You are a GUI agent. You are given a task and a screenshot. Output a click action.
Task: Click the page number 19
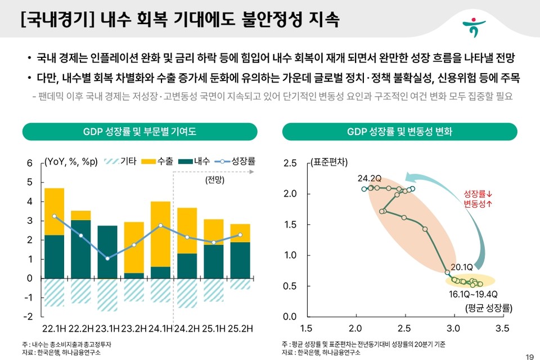(x=529, y=355)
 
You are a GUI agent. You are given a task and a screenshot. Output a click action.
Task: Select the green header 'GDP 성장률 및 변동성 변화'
(x=399, y=132)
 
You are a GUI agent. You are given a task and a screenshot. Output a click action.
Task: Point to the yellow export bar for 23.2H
(x=134, y=247)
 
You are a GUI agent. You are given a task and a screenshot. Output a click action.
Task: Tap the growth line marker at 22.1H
(x=54, y=216)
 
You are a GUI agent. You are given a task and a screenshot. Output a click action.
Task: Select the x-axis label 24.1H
(x=160, y=328)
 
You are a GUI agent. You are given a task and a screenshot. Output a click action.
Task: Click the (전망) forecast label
(x=214, y=181)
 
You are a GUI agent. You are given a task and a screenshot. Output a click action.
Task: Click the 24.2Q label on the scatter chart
(x=370, y=178)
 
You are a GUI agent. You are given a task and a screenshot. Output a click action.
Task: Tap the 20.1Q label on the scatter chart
(x=463, y=267)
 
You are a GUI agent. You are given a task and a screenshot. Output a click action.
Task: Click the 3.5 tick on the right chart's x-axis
(x=502, y=328)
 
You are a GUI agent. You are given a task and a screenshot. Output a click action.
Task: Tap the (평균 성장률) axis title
(x=487, y=308)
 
